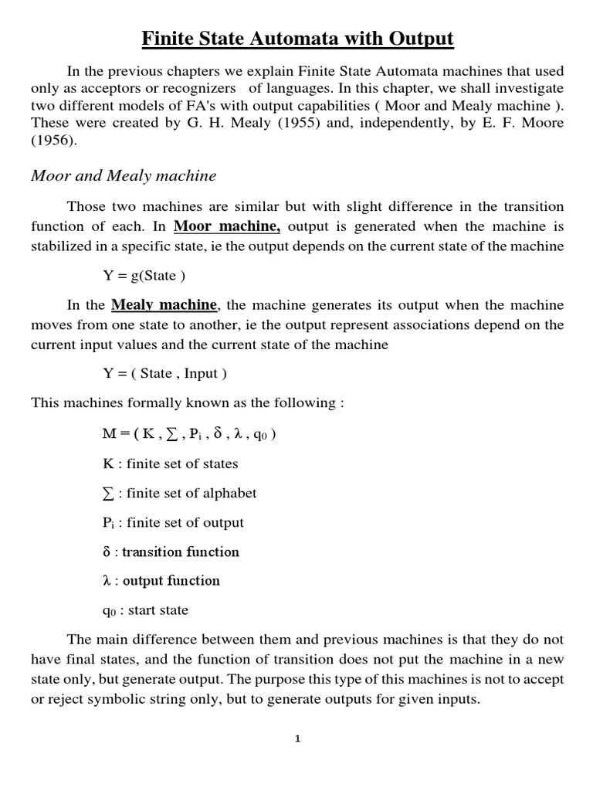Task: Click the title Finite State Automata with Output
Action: (296, 38)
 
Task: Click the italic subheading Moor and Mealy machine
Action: (124, 176)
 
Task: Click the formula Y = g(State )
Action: (145, 275)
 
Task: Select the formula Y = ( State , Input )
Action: (165, 374)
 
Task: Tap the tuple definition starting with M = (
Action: (189, 433)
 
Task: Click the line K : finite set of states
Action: (170, 463)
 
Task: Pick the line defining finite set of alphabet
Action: (179, 493)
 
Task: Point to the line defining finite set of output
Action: (173, 522)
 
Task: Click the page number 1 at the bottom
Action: (297, 738)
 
